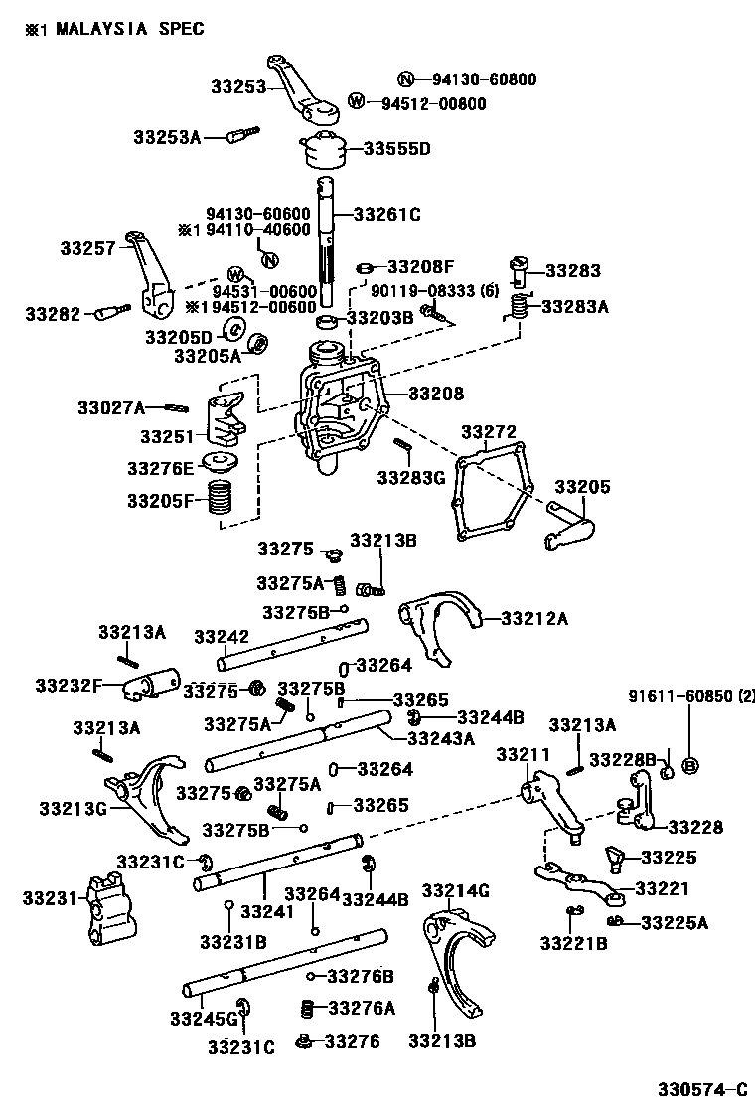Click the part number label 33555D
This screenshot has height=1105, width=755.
pos(396,149)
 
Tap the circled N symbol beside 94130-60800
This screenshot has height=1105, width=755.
pos(404,79)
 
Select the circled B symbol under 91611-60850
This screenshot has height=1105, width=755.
pos(691,765)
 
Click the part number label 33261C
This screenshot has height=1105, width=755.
pos(387,213)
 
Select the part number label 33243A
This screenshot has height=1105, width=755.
pos(441,737)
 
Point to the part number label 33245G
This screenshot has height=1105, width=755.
pos(204,1018)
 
